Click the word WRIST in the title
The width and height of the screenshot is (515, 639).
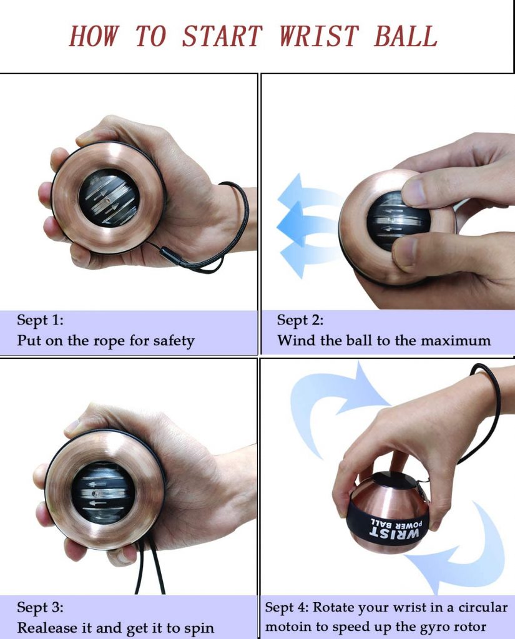(319, 36)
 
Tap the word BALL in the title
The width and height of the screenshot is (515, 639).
(406, 36)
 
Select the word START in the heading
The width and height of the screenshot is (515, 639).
(222, 36)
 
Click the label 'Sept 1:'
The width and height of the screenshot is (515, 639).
(40, 320)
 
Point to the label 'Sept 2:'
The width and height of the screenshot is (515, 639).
(300, 320)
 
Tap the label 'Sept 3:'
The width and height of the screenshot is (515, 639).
(40, 607)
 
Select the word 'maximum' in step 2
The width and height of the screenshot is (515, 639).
(456, 340)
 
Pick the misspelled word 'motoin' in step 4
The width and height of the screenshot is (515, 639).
(288, 627)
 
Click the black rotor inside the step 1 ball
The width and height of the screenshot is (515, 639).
(109, 198)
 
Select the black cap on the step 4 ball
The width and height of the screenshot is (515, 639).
(391, 480)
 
